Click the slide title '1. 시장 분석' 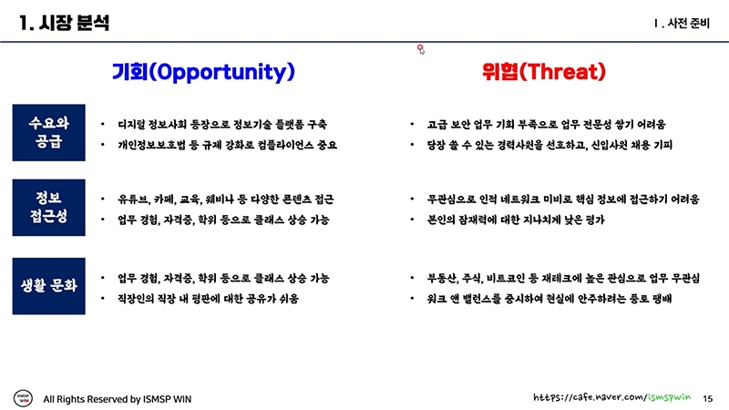pos(64,23)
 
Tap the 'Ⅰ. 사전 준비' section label pos(681,24)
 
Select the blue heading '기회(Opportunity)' pos(203,72)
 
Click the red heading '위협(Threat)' pos(543,72)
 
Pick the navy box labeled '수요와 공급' pos(49,132)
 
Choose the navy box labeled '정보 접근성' pos(49,208)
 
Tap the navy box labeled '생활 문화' pos(49,286)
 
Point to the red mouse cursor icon pos(421,49)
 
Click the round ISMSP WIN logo pos(24,398)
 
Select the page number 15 pos(708,398)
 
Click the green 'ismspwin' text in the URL pos(669,397)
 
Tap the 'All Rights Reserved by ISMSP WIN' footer pos(118,399)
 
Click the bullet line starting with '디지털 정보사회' pos(222,124)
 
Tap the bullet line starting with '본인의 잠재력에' pos(516,220)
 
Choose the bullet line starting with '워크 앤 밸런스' pos(549,299)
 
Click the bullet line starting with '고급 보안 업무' pos(546,124)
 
